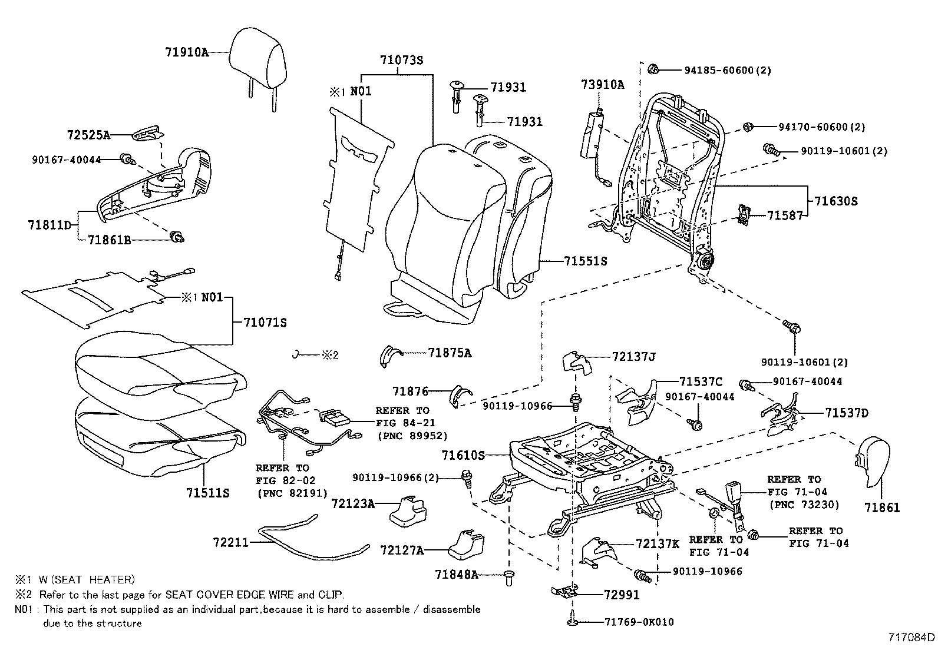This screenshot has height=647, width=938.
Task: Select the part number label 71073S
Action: coord(402,60)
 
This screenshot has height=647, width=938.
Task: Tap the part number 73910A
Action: coord(603,85)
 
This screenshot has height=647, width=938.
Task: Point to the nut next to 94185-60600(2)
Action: coord(653,69)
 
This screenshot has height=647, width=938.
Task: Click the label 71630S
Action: coord(836,201)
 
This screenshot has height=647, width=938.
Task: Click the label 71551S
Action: coord(584,261)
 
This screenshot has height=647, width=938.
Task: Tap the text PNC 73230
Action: coord(804,505)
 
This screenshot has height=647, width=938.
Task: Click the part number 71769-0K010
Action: coord(639,622)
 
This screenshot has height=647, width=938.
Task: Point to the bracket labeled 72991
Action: coord(564,590)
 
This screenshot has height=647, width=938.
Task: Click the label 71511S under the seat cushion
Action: coord(207,493)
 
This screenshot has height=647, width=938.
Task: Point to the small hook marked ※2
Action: coord(298,354)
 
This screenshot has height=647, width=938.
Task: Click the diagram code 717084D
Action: coord(911,637)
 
